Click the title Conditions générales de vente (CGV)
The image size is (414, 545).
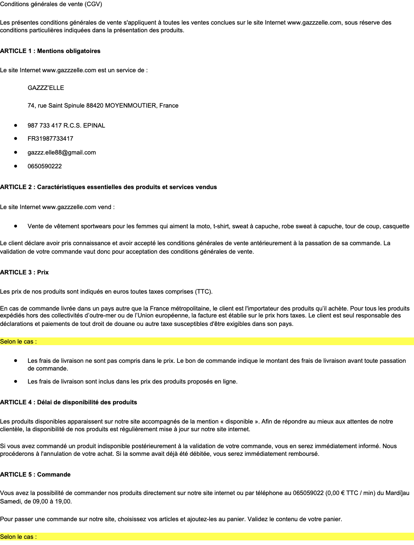pos(51,4)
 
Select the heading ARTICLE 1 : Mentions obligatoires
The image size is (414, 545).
pos(50,51)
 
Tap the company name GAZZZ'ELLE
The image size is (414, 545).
pos(46,88)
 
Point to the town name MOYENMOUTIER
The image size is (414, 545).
pos(131,106)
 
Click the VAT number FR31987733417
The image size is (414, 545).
pos(50,138)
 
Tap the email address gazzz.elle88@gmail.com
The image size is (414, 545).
pos(62,153)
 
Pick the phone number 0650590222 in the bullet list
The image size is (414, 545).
pos(45,166)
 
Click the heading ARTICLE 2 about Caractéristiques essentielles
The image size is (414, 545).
pos(108,187)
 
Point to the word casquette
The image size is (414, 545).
pos(396,226)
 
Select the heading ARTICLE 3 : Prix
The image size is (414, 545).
pos(24,272)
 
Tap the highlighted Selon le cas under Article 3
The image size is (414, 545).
pos(18,342)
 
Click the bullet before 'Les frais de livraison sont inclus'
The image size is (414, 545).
pos(16,381)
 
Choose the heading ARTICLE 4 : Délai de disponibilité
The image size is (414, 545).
pos(68,402)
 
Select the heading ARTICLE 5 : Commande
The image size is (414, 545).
pos(35,475)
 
